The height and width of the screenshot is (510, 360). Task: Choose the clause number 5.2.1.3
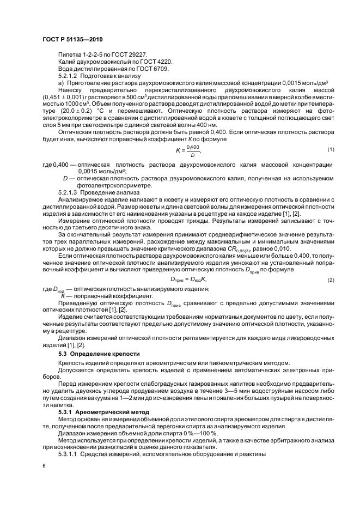tap(69, 193)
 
